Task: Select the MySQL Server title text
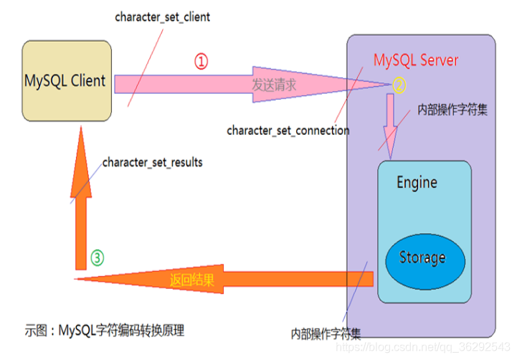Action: [416, 60]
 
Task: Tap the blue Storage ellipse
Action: [422, 257]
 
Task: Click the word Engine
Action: [417, 182]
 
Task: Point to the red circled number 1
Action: [201, 62]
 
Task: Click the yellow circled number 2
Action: [399, 85]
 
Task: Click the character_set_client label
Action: [163, 16]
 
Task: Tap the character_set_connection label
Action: [288, 131]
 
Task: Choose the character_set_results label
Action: [152, 162]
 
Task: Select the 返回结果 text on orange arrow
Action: [191, 279]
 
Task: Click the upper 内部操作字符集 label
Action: [452, 112]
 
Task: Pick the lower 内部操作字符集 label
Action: [326, 333]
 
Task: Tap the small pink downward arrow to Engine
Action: [390, 122]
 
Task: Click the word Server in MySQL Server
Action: [438, 60]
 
